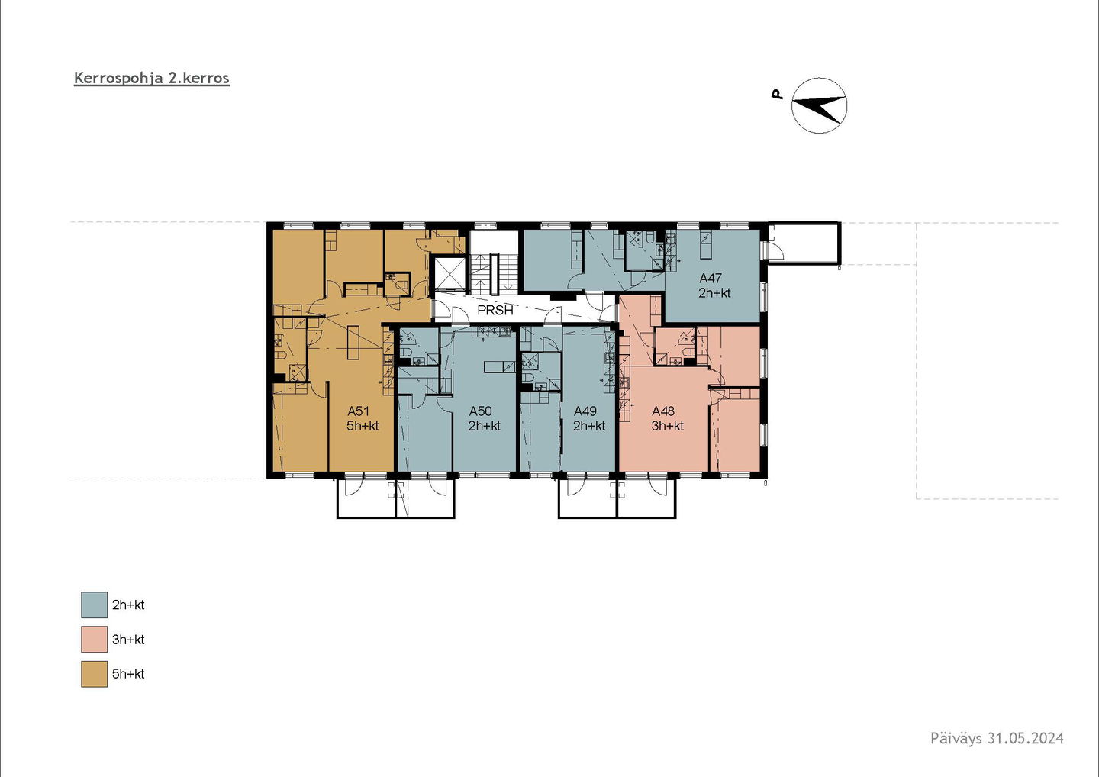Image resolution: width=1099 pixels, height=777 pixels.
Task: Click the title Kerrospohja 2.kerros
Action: [152, 79]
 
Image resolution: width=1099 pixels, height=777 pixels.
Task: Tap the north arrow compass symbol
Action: [819, 105]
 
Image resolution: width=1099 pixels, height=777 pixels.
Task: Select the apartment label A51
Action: [358, 411]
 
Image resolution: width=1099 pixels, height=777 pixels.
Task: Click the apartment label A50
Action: [480, 411]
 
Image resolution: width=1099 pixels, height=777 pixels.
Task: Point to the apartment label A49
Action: [585, 411]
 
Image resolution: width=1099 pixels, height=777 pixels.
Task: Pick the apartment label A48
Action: [663, 411]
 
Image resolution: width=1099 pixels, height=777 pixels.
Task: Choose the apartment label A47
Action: [711, 278]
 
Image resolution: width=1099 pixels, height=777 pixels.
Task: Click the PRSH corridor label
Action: [495, 310]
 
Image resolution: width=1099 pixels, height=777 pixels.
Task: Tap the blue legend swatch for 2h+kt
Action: [94, 605]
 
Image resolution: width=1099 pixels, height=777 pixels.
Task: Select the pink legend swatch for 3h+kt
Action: [94, 639]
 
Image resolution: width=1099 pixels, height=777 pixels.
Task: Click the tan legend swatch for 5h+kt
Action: [94, 674]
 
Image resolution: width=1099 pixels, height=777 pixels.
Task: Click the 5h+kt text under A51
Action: [363, 426]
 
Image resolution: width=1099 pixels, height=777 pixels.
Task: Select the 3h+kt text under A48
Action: [668, 426]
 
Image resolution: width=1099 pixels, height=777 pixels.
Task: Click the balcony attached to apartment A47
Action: [804, 243]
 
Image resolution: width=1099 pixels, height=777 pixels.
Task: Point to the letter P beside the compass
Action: [776, 94]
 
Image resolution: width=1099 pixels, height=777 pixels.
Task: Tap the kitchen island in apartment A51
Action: [353, 343]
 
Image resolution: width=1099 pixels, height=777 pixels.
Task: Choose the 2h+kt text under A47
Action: [715, 293]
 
